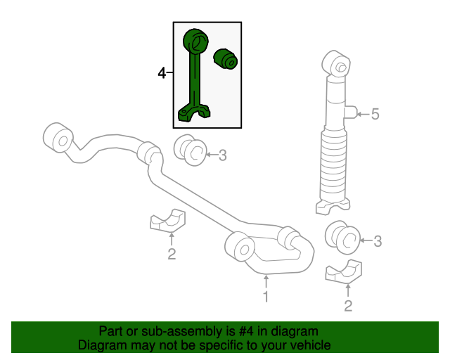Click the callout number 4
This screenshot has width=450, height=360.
(162, 73)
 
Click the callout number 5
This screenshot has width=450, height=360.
(375, 114)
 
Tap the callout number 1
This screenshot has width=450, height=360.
(266, 297)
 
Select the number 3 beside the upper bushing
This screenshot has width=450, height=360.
(223, 155)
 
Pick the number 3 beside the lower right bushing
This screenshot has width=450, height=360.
(378, 241)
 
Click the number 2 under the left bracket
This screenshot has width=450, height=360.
(172, 254)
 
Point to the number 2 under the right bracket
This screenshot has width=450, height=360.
(348, 306)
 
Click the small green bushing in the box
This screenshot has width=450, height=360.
(226, 59)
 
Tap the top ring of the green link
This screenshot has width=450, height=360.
(195, 41)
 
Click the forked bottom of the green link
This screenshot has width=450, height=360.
(194, 112)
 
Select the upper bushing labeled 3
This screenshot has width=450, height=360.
(190, 150)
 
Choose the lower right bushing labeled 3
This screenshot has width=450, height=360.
(342, 237)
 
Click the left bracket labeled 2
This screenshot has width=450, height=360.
(168, 221)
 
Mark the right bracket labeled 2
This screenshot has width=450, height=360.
(344, 272)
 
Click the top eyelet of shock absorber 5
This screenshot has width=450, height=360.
(336, 64)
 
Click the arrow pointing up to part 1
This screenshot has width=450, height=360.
(266, 281)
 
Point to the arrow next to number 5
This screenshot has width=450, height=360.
(363, 114)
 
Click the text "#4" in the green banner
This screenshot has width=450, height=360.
(246, 331)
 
